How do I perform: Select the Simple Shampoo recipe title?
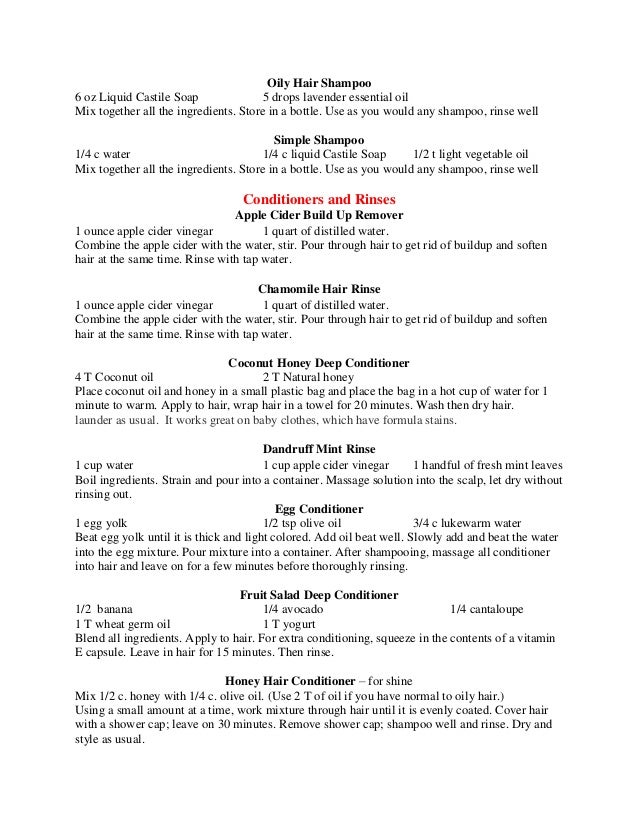[x=318, y=140]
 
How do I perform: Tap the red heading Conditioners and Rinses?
[x=319, y=197]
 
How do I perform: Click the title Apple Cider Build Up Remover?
[x=318, y=214]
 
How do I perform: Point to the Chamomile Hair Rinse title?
[x=318, y=290]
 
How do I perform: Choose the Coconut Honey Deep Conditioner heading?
[x=319, y=362]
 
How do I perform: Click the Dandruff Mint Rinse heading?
[x=318, y=448]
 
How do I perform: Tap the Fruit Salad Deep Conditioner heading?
[x=319, y=594]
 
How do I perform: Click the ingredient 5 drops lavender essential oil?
[x=335, y=96]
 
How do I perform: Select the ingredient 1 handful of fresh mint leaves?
[x=487, y=464]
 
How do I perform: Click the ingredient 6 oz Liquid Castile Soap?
[x=137, y=96]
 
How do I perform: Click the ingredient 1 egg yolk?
[x=102, y=522]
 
